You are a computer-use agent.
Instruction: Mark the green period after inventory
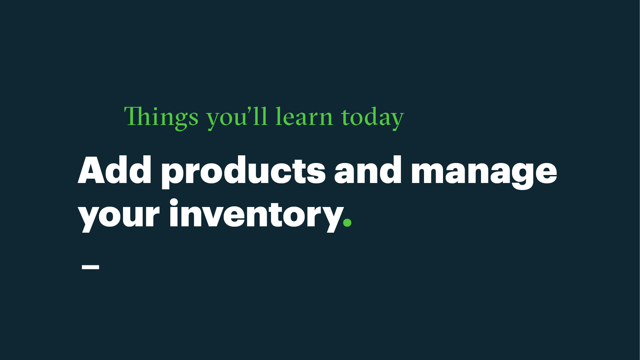[x=347, y=223]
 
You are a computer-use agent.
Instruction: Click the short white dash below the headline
[x=90, y=267]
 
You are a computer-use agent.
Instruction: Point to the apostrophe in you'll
[x=248, y=110]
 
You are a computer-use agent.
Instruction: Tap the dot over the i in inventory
[x=174, y=202]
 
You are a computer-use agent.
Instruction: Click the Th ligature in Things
[x=138, y=116]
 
